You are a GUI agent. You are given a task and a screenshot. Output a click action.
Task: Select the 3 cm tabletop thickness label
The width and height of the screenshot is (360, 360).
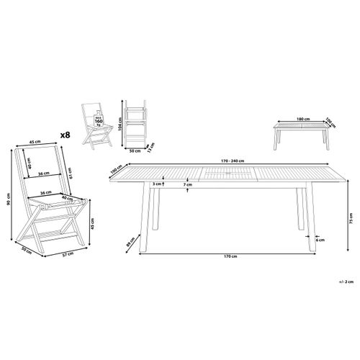[x=155, y=184]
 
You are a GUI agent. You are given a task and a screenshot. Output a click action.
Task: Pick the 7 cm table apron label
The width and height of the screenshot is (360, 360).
[x=187, y=185]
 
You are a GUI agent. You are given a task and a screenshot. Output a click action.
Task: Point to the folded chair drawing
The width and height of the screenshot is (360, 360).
[x=135, y=126]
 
